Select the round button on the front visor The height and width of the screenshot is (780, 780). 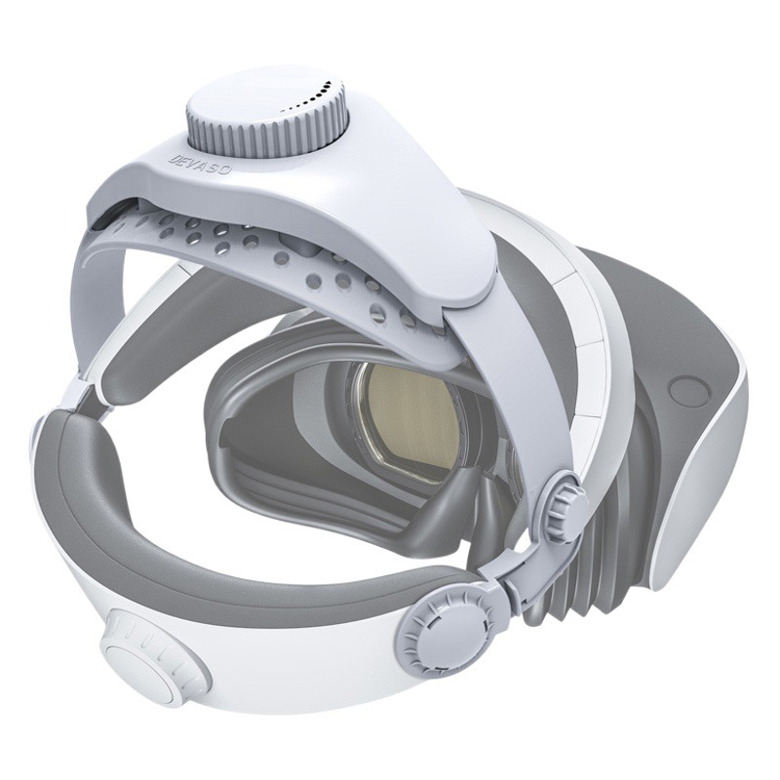pos(688,392)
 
